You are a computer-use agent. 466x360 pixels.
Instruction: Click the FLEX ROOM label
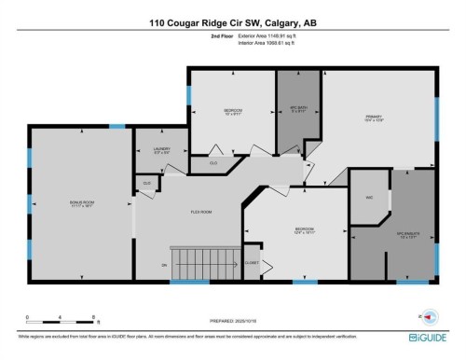click(x=201, y=213)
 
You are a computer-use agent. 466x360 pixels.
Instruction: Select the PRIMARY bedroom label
click(x=375, y=117)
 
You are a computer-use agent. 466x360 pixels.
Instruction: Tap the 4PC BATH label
click(x=297, y=112)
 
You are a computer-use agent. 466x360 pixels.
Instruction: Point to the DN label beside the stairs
click(x=164, y=266)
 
